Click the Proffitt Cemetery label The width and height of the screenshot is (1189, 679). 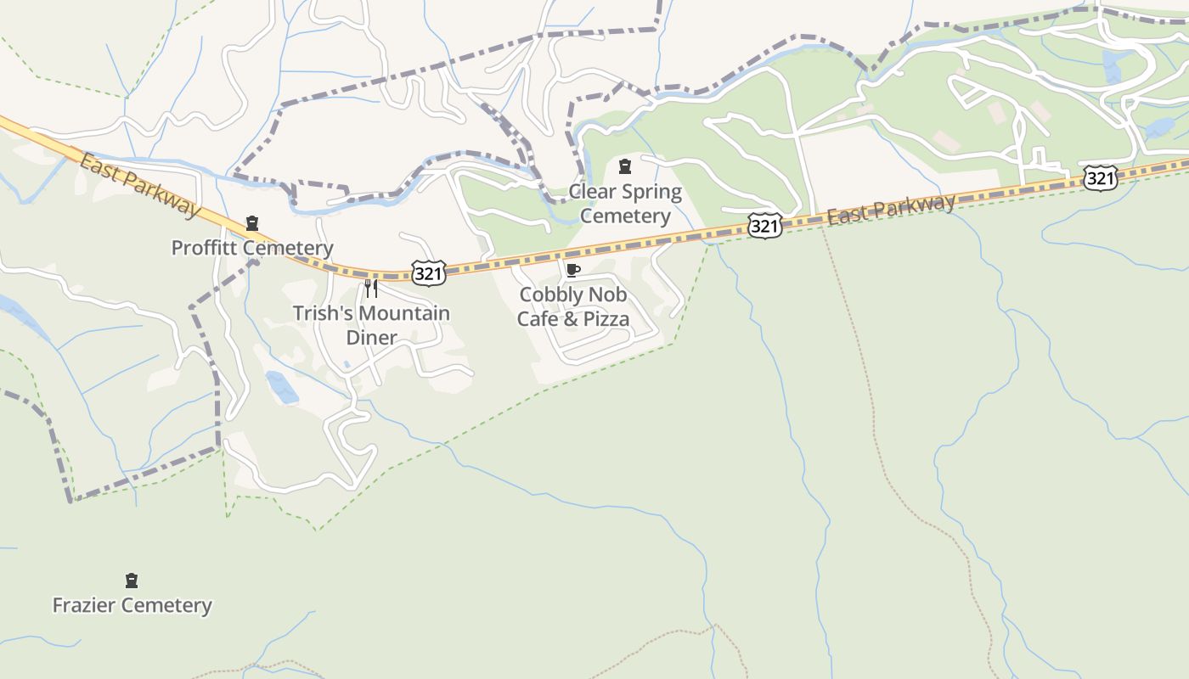pyautogui.click(x=252, y=248)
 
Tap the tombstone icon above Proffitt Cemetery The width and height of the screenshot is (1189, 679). pyautogui.click(x=251, y=224)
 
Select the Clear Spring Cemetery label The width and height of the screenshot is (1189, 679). pyautogui.click(x=625, y=204)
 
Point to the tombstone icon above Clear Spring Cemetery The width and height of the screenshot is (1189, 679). pyautogui.click(x=625, y=166)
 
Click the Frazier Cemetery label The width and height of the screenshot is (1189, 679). pyautogui.click(x=132, y=605)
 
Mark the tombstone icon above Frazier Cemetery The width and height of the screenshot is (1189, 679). pyautogui.click(x=132, y=581)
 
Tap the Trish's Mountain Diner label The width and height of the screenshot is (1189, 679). pyautogui.click(x=371, y=325)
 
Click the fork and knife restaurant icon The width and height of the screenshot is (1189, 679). pyautogui.click(x=371, y=289)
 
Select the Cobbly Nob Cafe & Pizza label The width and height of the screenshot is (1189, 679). pyautogui.click(x=573, y=306)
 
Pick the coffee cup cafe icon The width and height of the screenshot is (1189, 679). pyautogui.click(x=573, y=270)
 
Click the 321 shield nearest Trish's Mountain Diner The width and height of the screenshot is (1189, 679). pyautogui.click(x=429, y=273)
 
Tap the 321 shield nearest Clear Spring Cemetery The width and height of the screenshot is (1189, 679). pyautogui.click(x=764, y=226)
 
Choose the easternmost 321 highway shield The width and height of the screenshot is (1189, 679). pyautogui.click(x=1101, y=178)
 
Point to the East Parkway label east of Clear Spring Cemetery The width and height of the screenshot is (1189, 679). pyautogui.click(x=892, y=209)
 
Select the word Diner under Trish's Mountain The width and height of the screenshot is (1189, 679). pyautogui.click(x=371, y=338)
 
